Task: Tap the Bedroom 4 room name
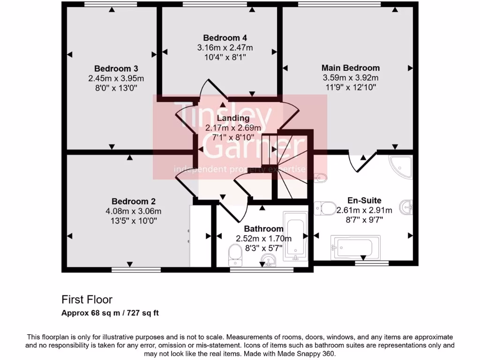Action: coord(225,37)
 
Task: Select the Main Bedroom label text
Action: coord(350,68)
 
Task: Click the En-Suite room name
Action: coord(364,200)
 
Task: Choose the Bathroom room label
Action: coord(263,229)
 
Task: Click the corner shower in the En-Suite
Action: coord(401,167)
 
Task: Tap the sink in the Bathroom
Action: coord(269,260)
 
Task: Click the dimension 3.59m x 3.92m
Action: coord(350,77)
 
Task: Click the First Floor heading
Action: coord(87,299)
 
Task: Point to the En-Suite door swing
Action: coord(363,162)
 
